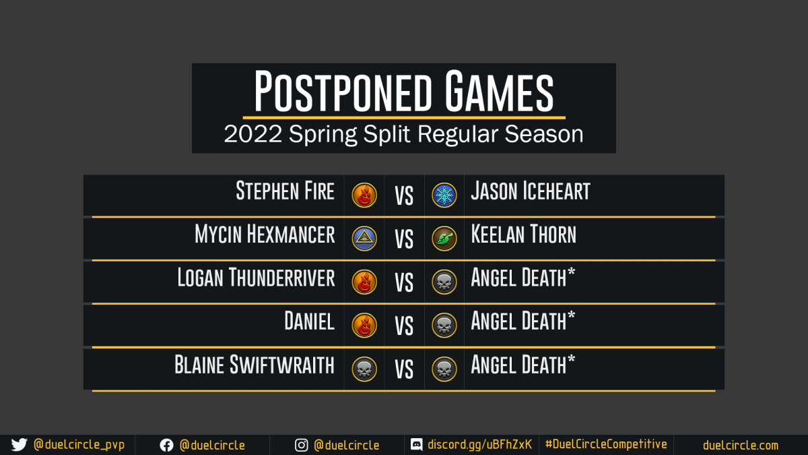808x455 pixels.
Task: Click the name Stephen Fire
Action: [x=285, y=191]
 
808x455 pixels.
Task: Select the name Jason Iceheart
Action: [x=531, y=191]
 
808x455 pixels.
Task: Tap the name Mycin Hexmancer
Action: [x=265, y=235]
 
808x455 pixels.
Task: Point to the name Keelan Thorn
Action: [x=524, y=235]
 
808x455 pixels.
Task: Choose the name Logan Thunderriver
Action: [x=256, y=278]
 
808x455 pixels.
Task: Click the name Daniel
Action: [x=309, y=321]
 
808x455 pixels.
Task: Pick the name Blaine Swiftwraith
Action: [x=255, y=365]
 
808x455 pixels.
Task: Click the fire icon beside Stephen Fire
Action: [x=364, y=195]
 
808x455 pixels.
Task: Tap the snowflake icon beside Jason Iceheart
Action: [x=444, y=195]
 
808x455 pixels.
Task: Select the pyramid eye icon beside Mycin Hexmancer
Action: [x=364, y=239]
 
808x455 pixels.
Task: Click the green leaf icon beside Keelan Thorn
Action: [x=444, y=239]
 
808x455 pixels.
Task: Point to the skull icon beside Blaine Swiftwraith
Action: [x=364, y=369]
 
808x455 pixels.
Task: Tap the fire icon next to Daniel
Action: [x=364, y=326]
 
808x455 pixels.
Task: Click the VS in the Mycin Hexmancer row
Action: [x=404, y=239]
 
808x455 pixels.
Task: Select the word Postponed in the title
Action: [x=343, y=92]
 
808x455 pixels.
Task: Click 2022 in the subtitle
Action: [x=252, y=134]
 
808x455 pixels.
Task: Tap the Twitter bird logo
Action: [x=19, y=445]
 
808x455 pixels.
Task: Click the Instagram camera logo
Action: [x=301, y=446]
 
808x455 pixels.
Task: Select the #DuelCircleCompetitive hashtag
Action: [x=606, y=444]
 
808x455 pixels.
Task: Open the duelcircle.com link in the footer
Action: [x=741, y=446]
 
